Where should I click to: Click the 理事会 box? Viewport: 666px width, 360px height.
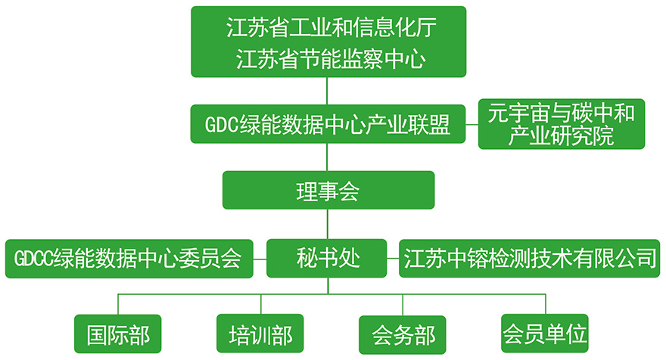click(x=328, y=191)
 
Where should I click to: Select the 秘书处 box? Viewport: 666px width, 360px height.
click(x=328, y=259)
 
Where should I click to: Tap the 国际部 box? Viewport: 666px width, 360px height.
click(x=119, y=334)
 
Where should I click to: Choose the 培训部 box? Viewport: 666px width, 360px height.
click(x=260, y=334)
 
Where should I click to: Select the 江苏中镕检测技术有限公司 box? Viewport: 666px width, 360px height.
click(x=529, y=259)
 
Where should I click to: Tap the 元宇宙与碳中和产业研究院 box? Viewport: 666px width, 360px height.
click(x=562, y=124)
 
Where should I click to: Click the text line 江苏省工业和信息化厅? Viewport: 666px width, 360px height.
click(x=328, y=29)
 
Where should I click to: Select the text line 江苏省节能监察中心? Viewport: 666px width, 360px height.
click(x=328, y=58)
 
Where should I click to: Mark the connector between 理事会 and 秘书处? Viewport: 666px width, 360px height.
click(x=328, y=224)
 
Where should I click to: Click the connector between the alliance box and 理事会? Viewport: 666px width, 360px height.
click(x=328, y=157)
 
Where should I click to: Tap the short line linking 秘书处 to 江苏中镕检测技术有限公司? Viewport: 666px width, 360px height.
click(x=393, y=259)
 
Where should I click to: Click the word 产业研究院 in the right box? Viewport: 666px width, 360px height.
click(x=562, y=137)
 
